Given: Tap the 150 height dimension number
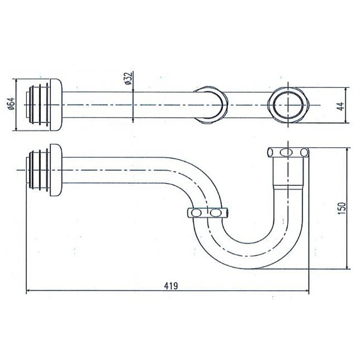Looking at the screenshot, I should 341,208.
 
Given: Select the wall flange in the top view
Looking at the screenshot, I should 56,104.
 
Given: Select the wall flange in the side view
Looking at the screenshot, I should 56,170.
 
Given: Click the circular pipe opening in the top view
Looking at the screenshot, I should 288,104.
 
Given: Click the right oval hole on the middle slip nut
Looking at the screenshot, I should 216,212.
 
